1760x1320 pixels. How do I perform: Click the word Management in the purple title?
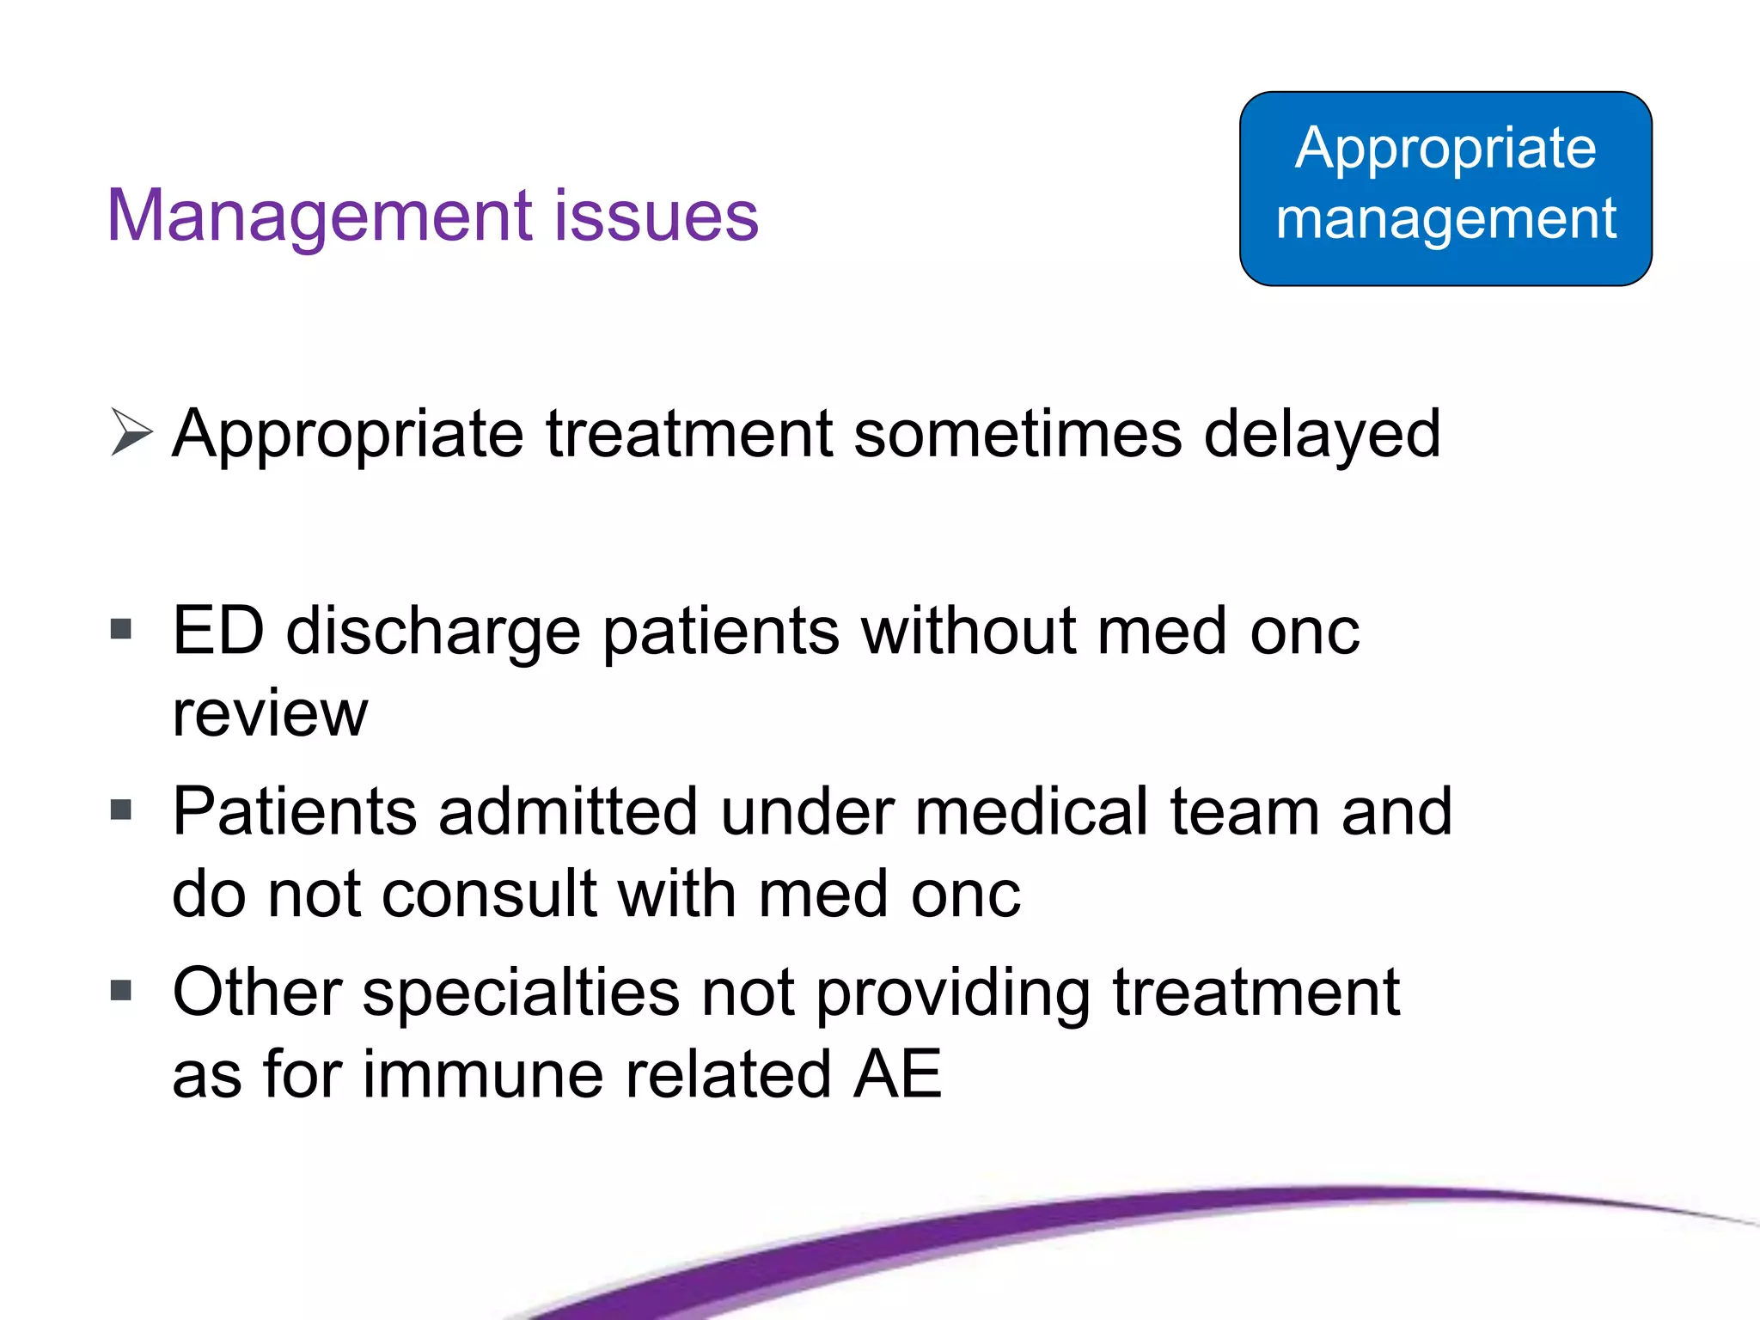318,216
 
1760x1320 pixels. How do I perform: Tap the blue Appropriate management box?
1445,189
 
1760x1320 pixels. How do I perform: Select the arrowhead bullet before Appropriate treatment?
131,432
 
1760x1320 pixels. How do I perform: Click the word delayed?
1322,435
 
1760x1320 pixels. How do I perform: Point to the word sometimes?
1017,433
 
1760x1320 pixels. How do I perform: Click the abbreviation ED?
218,631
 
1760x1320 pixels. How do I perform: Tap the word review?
270,713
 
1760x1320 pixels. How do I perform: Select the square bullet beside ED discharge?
121,630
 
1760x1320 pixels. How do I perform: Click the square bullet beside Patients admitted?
121,810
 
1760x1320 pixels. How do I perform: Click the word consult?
489,894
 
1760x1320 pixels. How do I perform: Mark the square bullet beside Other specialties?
121,991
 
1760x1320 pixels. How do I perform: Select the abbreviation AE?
897,1074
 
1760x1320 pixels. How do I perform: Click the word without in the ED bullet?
969,631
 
